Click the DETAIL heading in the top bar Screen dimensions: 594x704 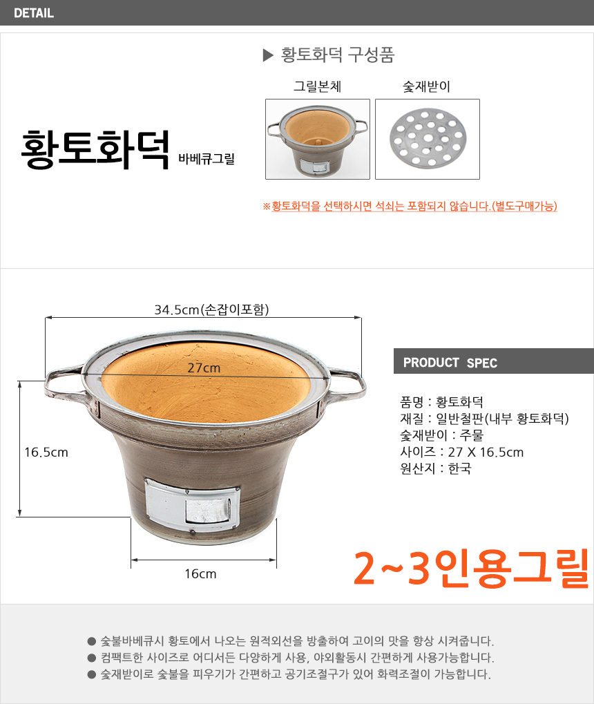coord(34,13)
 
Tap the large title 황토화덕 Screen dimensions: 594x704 coord(95,149)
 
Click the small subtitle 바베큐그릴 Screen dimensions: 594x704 coord(207,159)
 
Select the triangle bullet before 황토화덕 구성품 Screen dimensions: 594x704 coord(268,55)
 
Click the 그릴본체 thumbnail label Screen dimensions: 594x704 coord(318,86)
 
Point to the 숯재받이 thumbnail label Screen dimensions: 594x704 coord(427,86)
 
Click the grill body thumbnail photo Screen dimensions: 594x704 coord(318,139)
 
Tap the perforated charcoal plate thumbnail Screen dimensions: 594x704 coord(428,138)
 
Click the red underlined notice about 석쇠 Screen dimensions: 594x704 coord(410,206)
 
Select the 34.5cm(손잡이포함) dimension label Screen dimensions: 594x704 coord(211,310)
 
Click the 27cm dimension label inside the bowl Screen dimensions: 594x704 coord(204,368)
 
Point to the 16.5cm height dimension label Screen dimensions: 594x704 coord(46,452)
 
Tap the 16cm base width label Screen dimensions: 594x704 coord(201,574)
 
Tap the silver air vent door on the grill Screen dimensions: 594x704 coord(192,505)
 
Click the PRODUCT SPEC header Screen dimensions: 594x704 coord(450,363)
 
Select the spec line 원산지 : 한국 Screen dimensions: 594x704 coord(436,468)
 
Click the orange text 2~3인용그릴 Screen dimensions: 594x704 coord(471,569)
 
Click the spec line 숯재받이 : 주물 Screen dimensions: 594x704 coord(441,435)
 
